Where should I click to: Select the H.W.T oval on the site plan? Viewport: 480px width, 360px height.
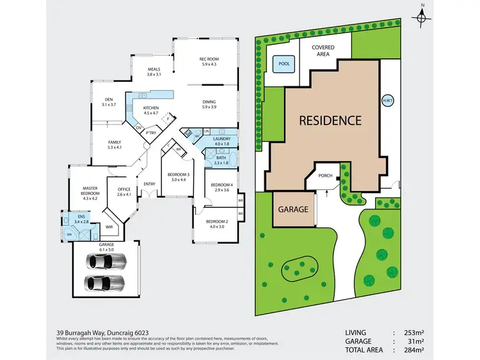(388, 101)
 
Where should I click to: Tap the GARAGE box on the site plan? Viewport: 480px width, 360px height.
(293, 209)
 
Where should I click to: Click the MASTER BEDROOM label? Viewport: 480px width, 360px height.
(90, 191)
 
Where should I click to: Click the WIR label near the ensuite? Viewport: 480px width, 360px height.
(109, 226)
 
